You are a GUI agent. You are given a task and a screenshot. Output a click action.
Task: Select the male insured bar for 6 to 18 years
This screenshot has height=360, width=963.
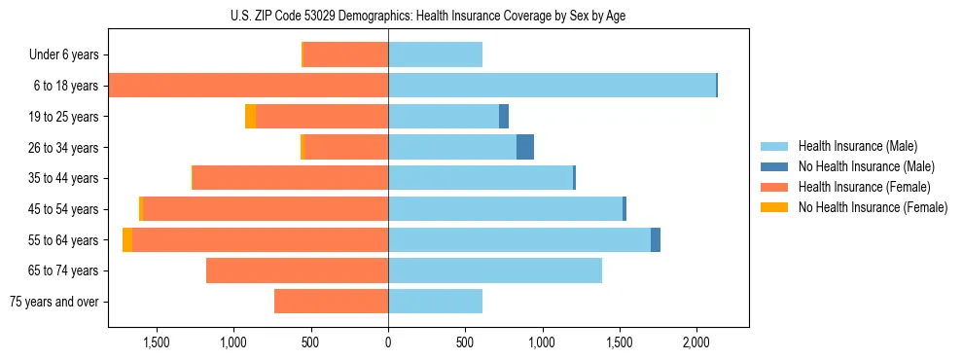552,86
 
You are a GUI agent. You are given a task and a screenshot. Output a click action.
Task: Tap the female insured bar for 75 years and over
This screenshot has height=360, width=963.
331,302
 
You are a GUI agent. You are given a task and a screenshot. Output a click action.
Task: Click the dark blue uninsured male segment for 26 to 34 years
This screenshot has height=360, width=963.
525,147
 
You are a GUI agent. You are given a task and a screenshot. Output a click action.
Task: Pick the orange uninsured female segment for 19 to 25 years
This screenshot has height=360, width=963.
250,117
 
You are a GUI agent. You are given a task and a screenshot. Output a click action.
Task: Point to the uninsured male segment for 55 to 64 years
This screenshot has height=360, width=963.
656,239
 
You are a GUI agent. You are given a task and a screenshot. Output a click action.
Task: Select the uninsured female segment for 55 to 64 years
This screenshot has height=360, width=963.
127,239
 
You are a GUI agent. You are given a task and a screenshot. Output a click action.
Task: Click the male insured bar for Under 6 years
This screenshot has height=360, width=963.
435,55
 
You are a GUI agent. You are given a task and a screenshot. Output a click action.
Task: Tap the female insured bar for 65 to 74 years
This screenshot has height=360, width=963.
297,270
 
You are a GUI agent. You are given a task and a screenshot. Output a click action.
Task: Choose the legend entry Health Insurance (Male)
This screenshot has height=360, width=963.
852,146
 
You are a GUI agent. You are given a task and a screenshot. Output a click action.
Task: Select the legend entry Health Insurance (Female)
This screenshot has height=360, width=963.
857,187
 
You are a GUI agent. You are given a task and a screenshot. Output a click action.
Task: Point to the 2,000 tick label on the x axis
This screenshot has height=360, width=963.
696,342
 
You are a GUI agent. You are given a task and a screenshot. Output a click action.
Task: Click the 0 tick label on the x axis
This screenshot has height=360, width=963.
388,342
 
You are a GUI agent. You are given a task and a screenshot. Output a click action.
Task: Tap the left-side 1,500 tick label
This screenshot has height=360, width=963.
157,342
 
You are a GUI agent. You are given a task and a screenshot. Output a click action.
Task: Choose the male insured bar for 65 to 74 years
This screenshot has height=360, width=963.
494,270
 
